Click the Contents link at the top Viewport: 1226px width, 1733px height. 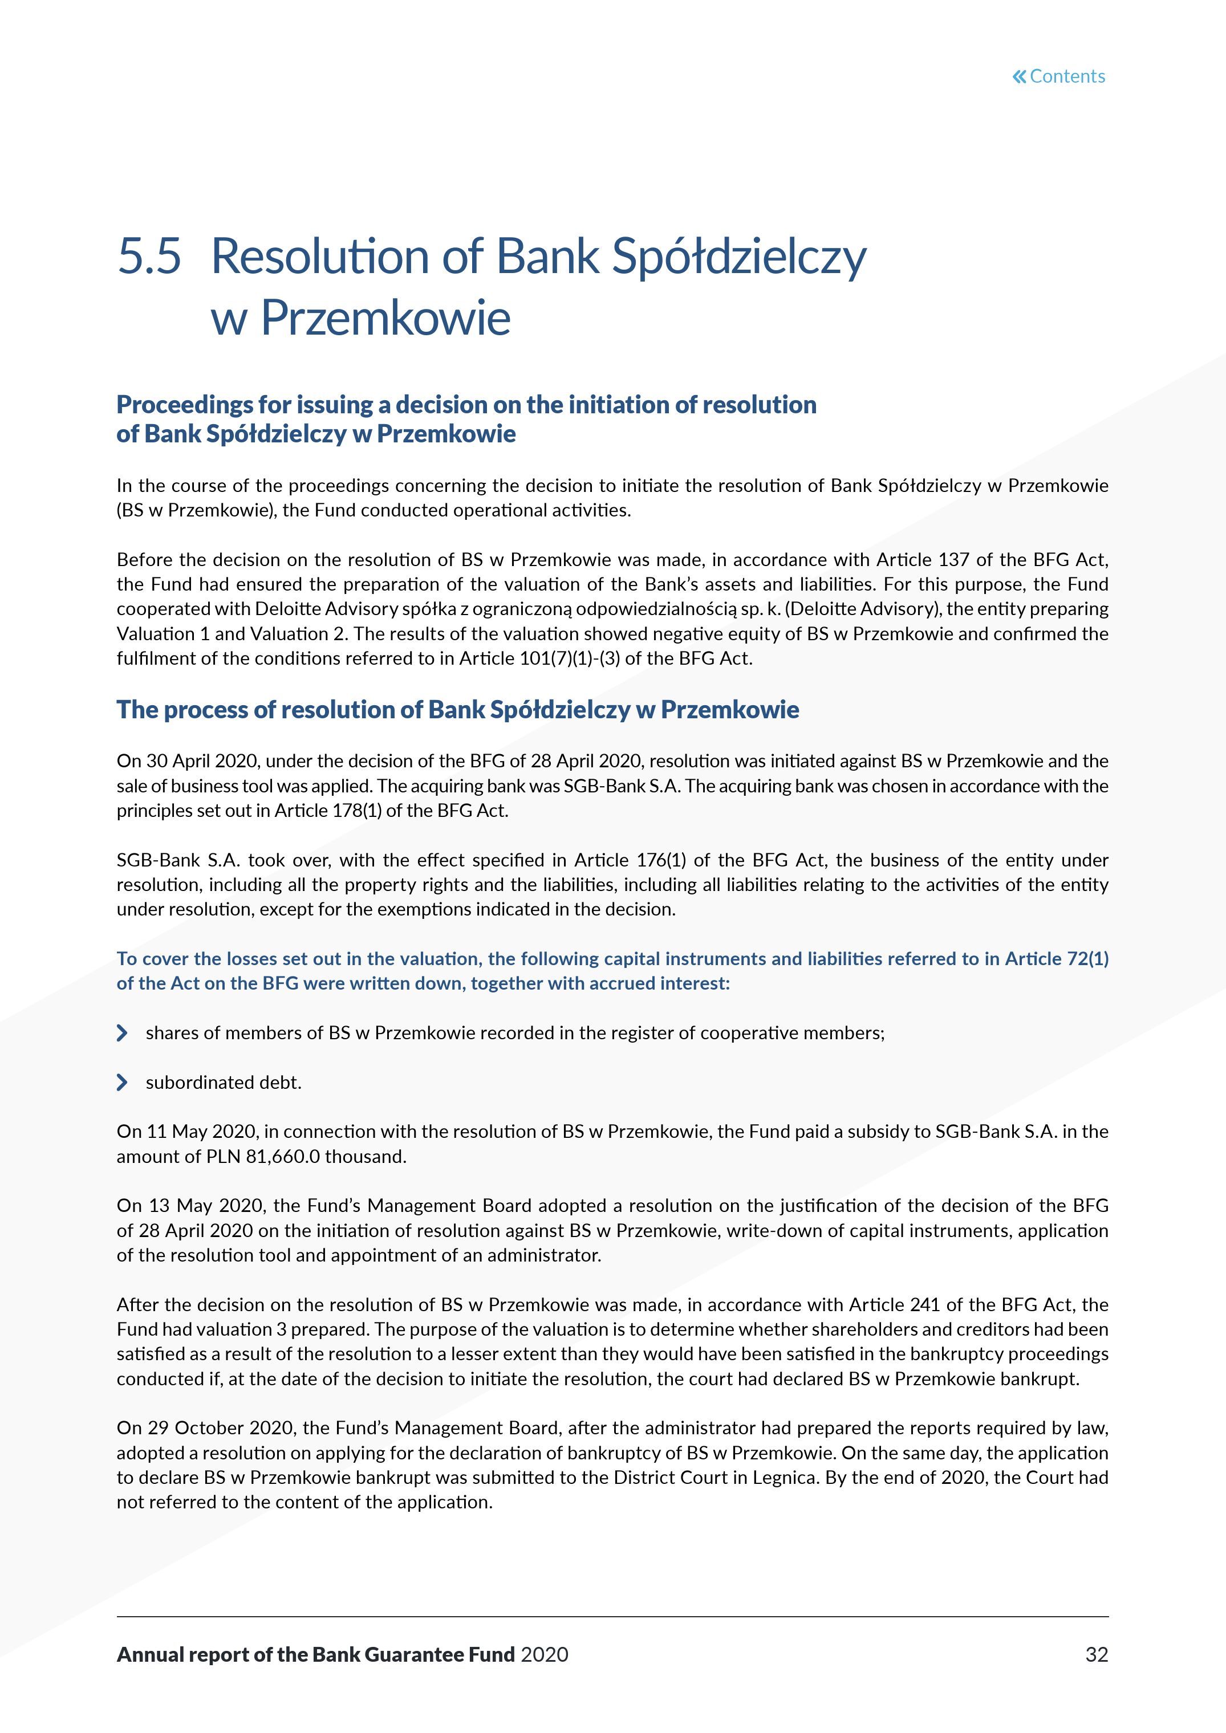(1067, 76)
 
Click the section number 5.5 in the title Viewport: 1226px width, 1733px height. (149, 256)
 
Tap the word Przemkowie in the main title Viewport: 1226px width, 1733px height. (385, 318)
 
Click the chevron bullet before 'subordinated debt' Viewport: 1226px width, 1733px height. (122, 1083)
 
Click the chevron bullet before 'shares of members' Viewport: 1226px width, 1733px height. (122, 1032)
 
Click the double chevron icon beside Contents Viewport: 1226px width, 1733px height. (1019, 76)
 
